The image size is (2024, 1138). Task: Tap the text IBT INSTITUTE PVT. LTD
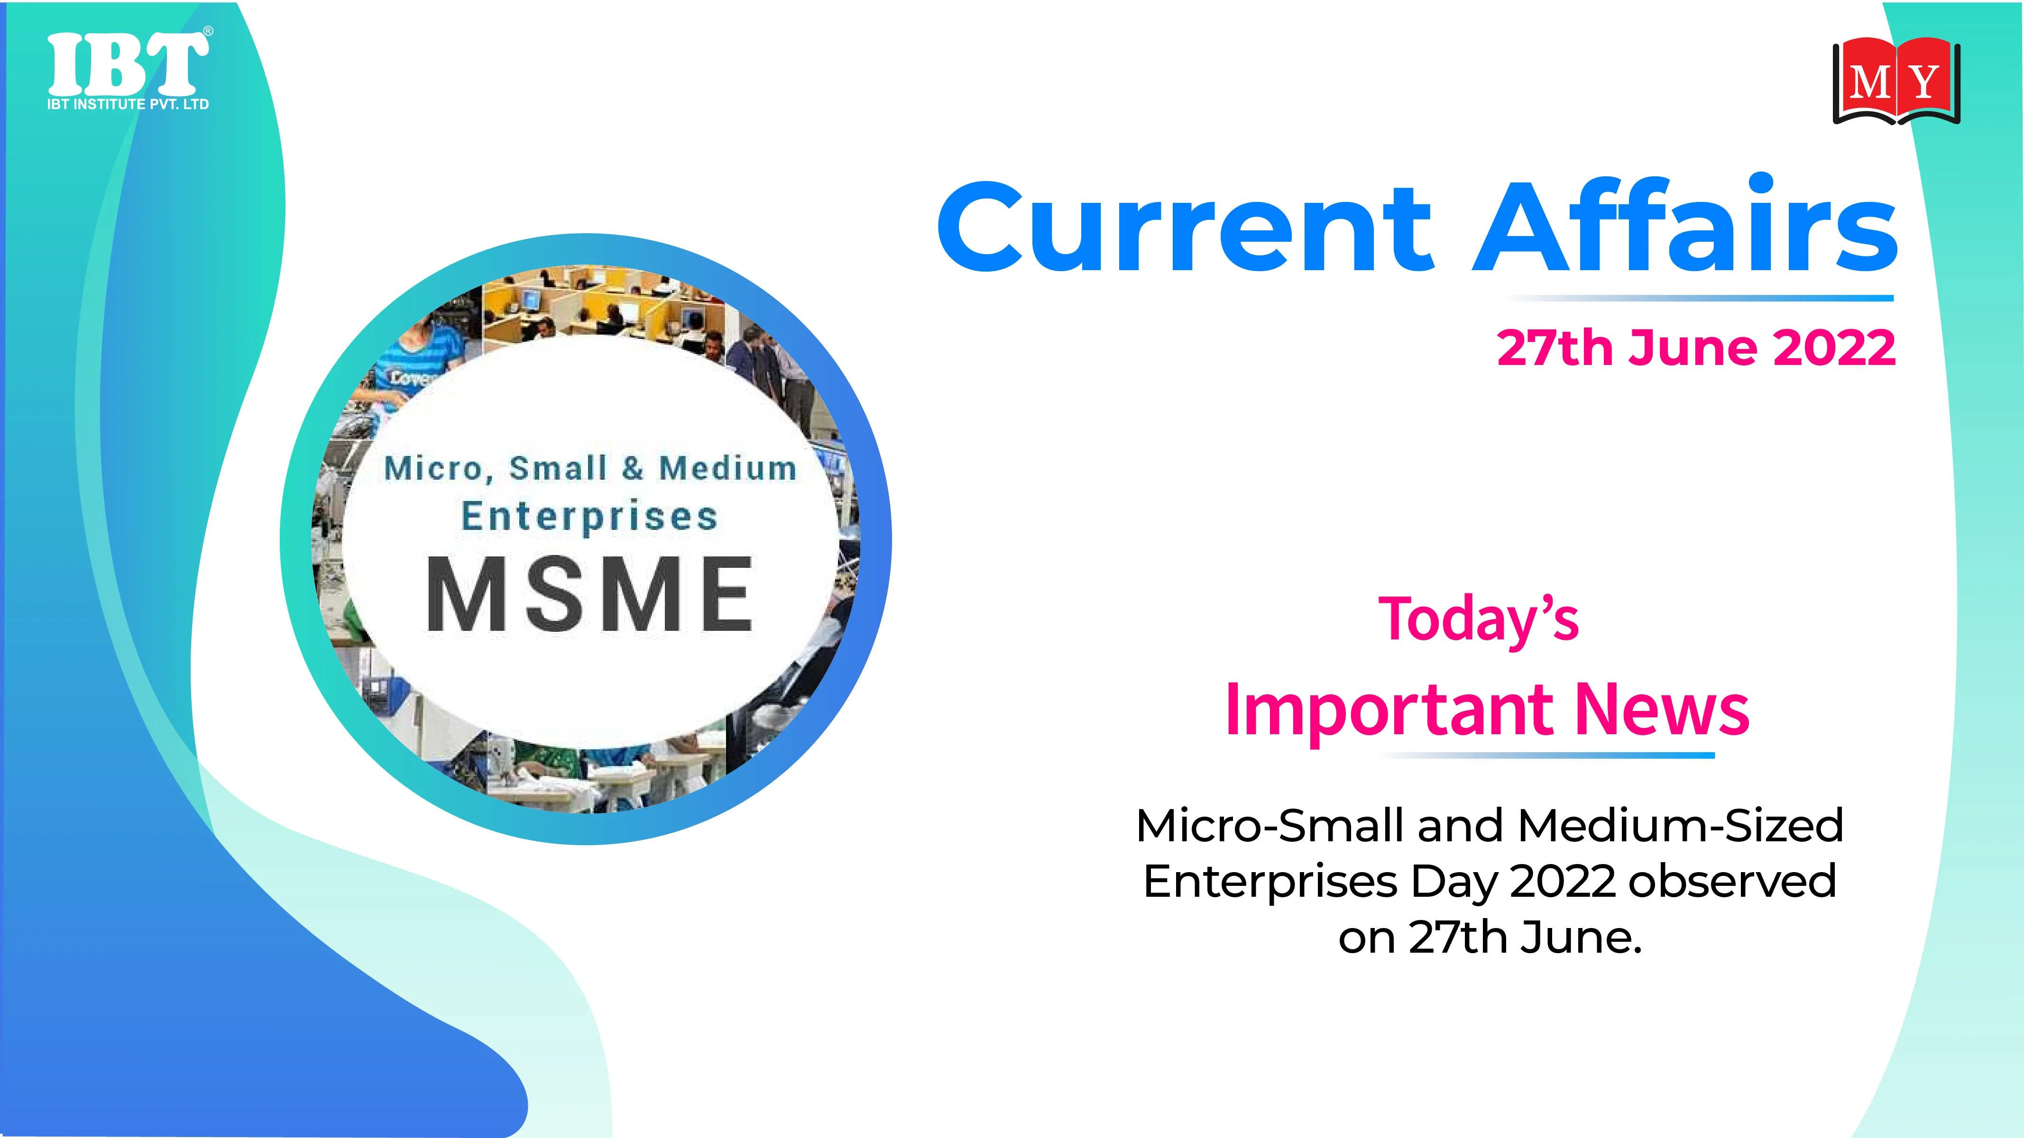[128, 104]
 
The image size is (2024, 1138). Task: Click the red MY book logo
[1896, 82]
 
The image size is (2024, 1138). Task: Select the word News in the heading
[1662, 709]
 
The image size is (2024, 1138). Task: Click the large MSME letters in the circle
[589, 594]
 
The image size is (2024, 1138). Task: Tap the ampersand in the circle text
[633, 468]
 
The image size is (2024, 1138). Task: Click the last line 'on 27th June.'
[1490, 937]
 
